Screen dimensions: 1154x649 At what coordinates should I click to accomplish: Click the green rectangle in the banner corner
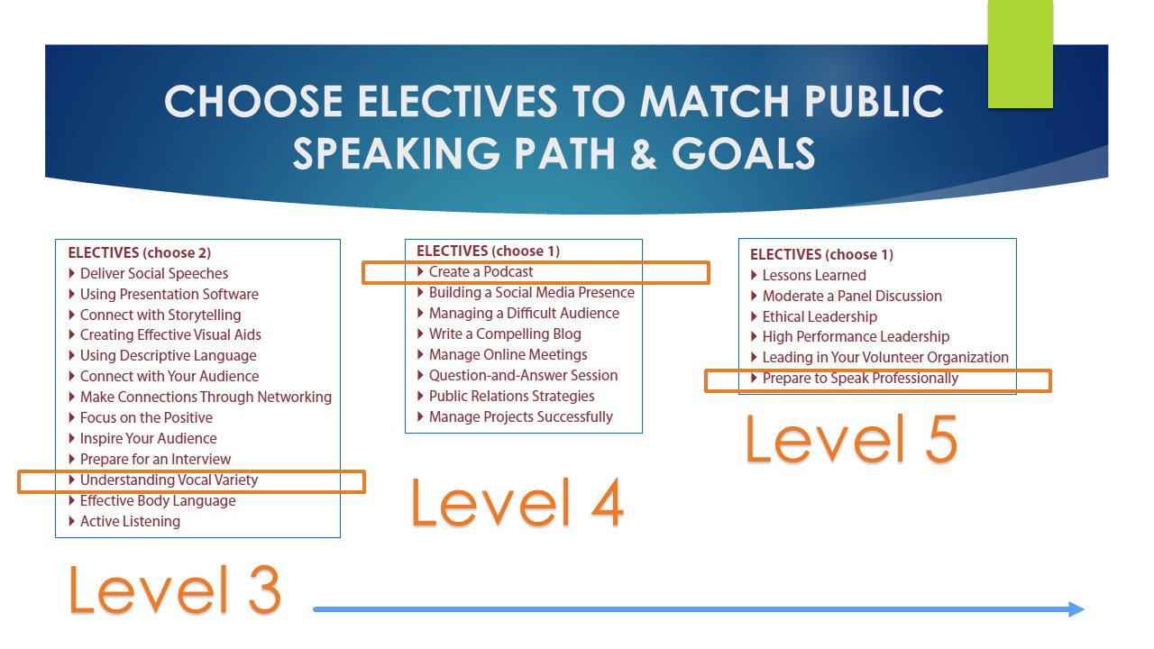pos(1020,54)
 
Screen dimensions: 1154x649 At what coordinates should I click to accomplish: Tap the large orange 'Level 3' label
pos(175,590)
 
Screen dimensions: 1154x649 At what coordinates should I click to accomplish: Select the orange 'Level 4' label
pos(517,502)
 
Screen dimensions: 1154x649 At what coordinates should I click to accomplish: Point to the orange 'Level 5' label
pos(851,438)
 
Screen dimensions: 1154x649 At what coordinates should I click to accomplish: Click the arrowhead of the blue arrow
pos(1076,609)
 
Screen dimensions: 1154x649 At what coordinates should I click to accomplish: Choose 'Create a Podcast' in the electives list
pos(481,271)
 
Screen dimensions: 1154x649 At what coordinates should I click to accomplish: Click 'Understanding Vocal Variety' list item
pos(169,480)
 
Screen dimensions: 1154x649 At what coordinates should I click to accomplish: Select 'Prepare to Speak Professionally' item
pos(860,378)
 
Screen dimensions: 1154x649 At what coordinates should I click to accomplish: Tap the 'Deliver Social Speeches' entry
pos(154,273)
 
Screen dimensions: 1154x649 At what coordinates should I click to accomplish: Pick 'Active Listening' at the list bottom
pos(131,521)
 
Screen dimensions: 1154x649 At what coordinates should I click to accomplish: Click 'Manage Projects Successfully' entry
pos(521,416)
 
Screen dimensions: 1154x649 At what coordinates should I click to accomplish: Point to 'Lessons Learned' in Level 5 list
pos(814,275)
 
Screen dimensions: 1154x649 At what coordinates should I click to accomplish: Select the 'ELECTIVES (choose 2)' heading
pos(140,253)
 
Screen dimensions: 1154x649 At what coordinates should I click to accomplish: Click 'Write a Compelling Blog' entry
pos(505,334)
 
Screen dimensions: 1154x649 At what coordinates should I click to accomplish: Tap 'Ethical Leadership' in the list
pos(820,316)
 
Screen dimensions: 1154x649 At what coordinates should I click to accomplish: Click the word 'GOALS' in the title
pos(743,153)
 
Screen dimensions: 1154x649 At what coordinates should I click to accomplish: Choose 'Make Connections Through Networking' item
pos(206,398)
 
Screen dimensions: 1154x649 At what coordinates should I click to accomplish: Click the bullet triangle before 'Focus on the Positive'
pos(71,417)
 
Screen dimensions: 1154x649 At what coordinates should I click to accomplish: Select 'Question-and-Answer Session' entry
pos(524,375)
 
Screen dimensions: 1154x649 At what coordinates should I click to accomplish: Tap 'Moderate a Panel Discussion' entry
pos(852,296)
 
